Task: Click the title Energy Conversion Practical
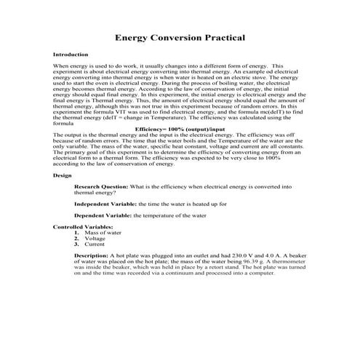[x=180, y=38]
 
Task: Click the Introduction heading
[x=71, y=55]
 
